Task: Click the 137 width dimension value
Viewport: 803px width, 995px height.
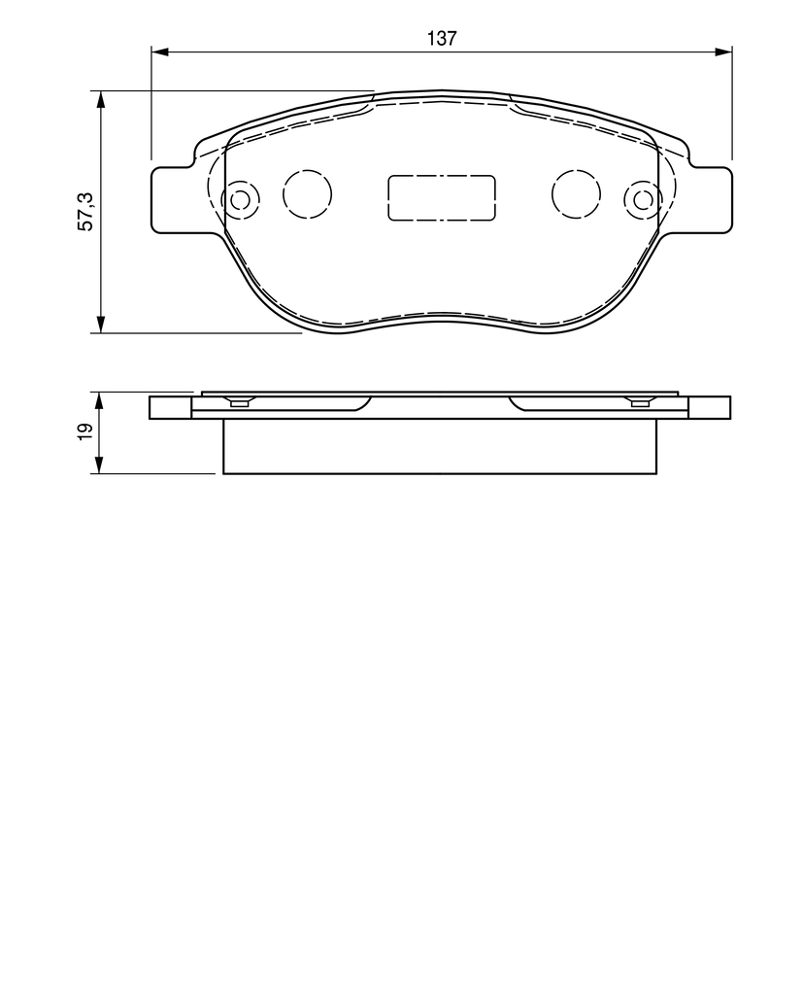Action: point(442,38)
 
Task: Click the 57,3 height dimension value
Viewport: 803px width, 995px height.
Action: point(85,211)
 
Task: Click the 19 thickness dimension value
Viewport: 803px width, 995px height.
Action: point(85,431)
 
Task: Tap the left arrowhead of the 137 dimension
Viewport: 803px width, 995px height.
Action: point(159,52)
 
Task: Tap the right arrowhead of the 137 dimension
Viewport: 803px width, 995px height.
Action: point(723,52)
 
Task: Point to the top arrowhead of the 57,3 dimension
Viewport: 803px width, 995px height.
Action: point(100,99)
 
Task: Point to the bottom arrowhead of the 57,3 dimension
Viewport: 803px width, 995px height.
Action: point(100,324)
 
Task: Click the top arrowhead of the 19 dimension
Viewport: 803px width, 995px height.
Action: point(100,400)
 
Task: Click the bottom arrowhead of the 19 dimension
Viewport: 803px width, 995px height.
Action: point(100,465)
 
